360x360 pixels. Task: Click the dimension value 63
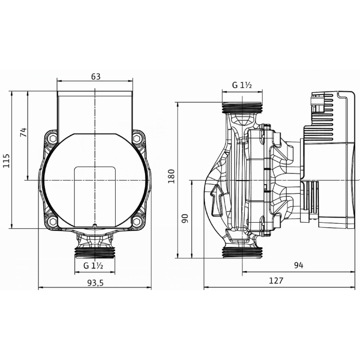(95, 77)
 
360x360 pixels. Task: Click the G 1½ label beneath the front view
(94, 265)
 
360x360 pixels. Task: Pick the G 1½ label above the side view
(241, 85)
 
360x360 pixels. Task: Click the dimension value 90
(186, 219)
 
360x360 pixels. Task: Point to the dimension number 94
(298, 265)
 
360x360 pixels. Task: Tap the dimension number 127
(276, 281)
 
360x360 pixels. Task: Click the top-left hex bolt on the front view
(52, 139)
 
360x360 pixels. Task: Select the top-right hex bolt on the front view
(137, 139)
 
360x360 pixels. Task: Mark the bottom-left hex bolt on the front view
(52, 222)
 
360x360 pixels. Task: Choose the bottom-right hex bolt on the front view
(137, 222)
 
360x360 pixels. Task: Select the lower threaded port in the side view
(242, 252)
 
